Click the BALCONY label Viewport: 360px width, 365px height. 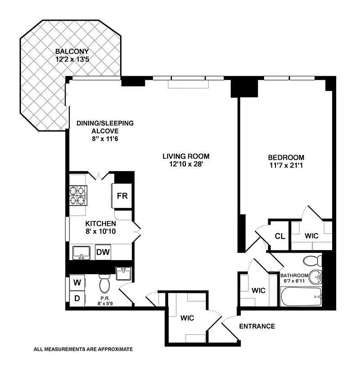coord(72,51)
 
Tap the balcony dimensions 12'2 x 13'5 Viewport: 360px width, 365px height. coord(72,59)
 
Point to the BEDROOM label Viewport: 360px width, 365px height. coord(286,157)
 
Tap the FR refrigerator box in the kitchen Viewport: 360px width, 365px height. coord(122,196)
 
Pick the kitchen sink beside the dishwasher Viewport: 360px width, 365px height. coord(81,252)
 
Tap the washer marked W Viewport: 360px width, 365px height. coord(78,282)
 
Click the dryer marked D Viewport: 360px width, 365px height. coord(78,299)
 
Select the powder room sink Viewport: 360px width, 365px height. coord(123,274)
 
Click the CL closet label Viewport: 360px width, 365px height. coord(280,236)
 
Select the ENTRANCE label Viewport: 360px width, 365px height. coord(257,326)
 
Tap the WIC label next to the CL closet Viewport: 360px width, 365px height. coord(312,236)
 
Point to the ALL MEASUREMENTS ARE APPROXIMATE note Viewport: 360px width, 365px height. coord(83,349)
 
